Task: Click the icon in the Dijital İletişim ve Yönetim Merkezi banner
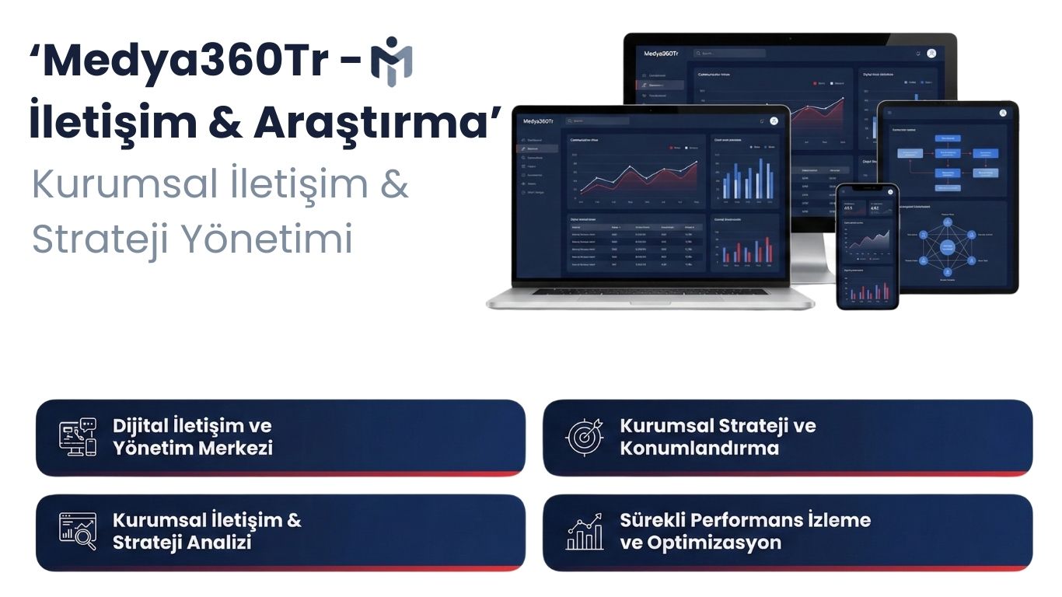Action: click(78, 437)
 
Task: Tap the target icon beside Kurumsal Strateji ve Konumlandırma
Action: click(585, 437)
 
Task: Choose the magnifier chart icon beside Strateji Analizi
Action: click(78, 531)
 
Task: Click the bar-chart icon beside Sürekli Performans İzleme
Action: click(585, 531)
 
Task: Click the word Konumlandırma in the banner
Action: click(699, 449)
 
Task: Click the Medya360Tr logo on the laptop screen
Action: click(538, 121)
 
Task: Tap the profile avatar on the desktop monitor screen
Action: click(931, 53)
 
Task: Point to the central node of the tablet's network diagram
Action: click(947, 247)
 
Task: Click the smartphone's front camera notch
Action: click(868, 189)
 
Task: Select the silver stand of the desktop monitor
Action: click(812, 260)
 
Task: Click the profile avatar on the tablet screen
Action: click(1002, 113)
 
